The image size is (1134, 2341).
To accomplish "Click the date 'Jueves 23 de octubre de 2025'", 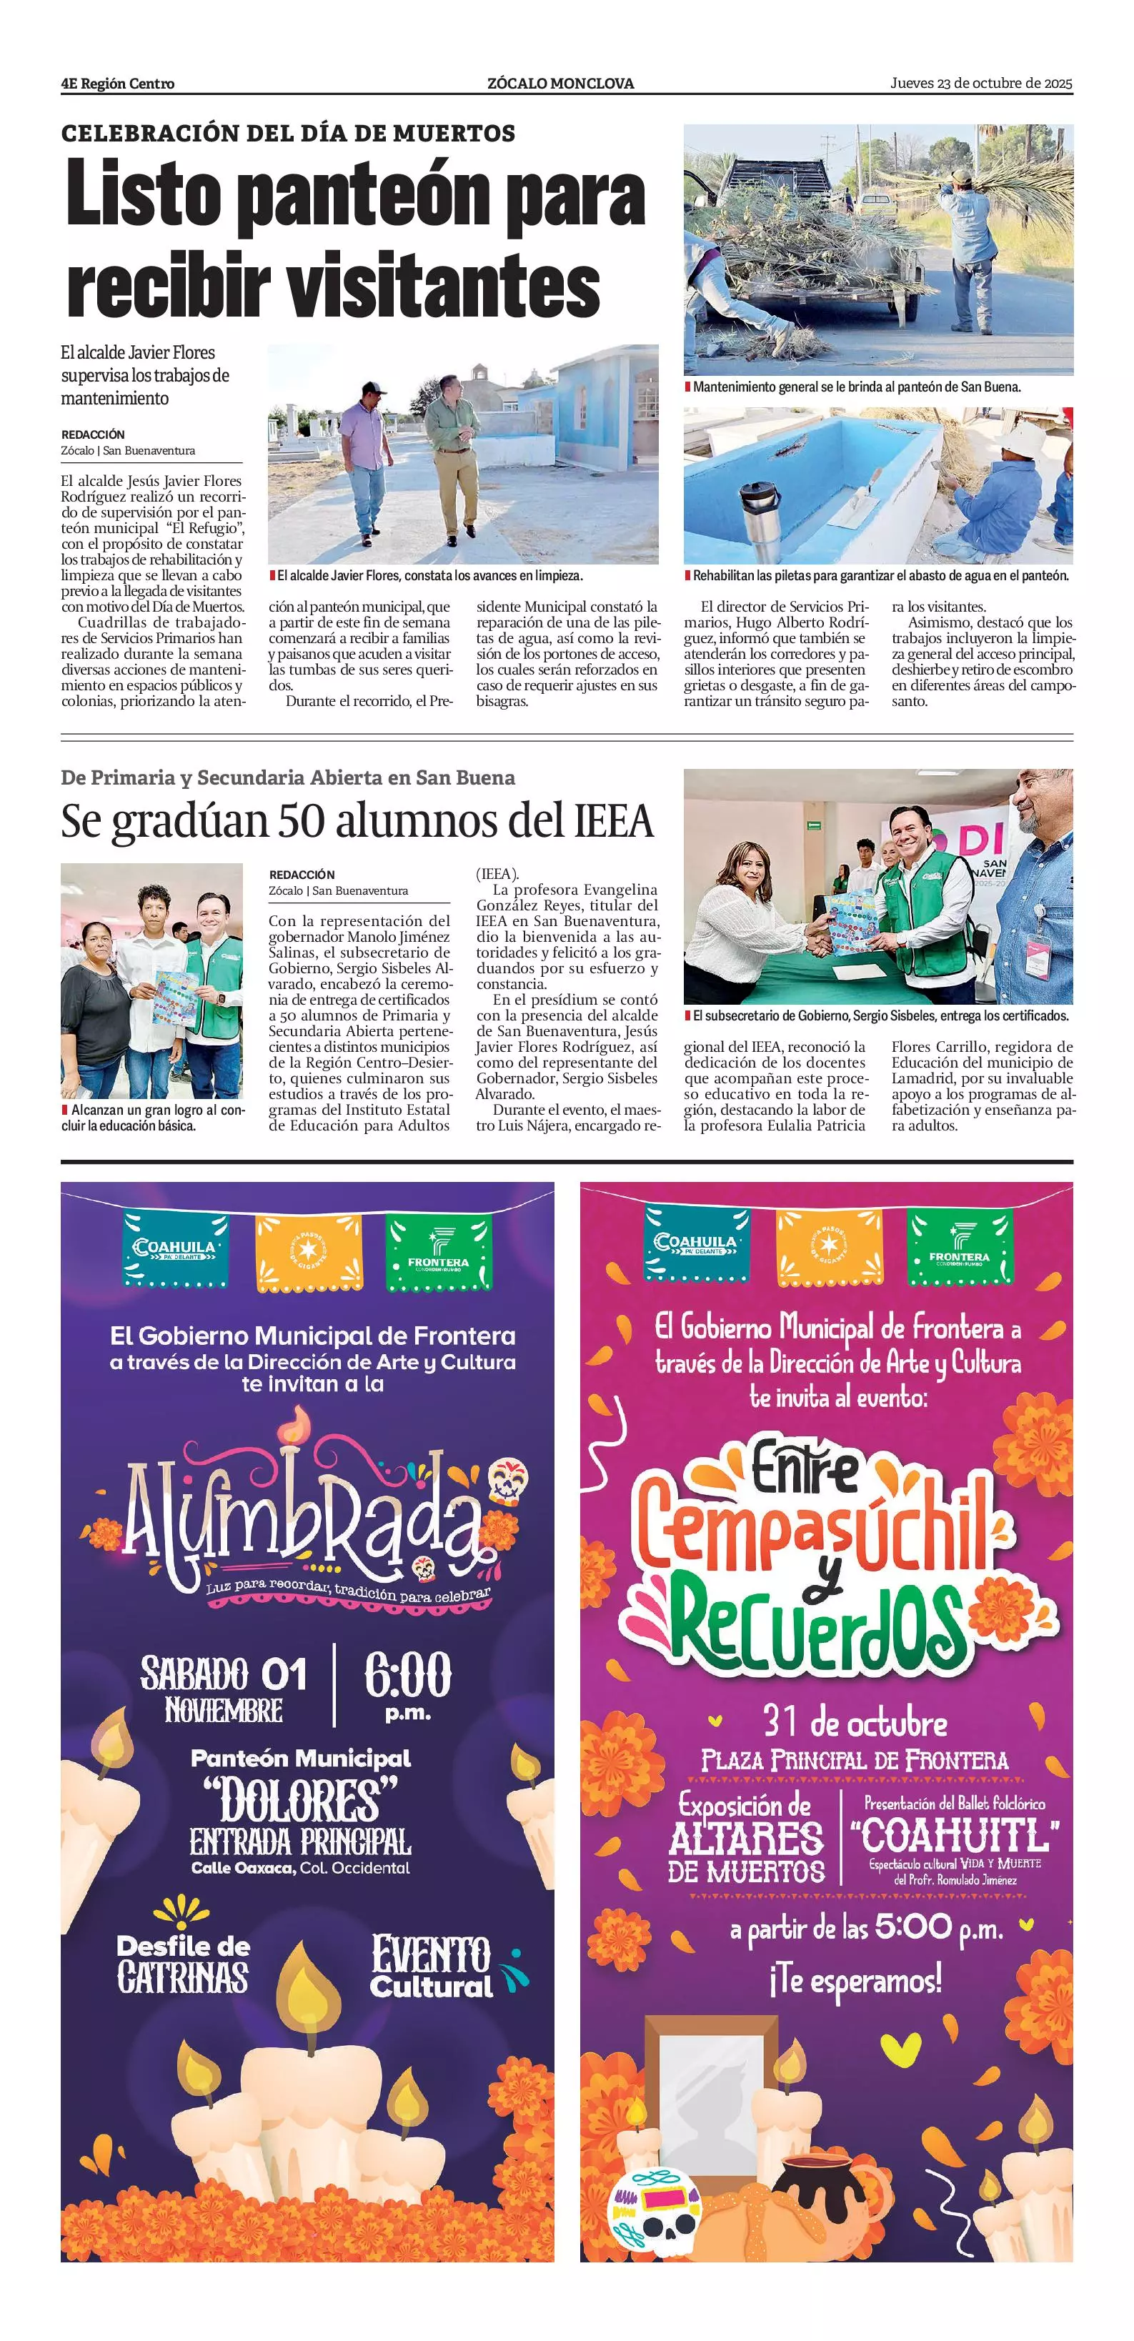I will click(x=980, y=84).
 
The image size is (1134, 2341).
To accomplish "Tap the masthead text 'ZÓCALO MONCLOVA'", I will click(x=561, y=84).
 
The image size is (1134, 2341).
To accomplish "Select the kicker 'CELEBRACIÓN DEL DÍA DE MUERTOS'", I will click(x=288, y=134).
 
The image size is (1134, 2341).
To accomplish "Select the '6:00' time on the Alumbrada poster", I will click(x=408, y=1675).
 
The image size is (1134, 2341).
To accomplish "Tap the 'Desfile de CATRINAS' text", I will click(x=183, y=1964).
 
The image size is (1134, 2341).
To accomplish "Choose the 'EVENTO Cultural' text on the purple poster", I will click(x=432, y=1967).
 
